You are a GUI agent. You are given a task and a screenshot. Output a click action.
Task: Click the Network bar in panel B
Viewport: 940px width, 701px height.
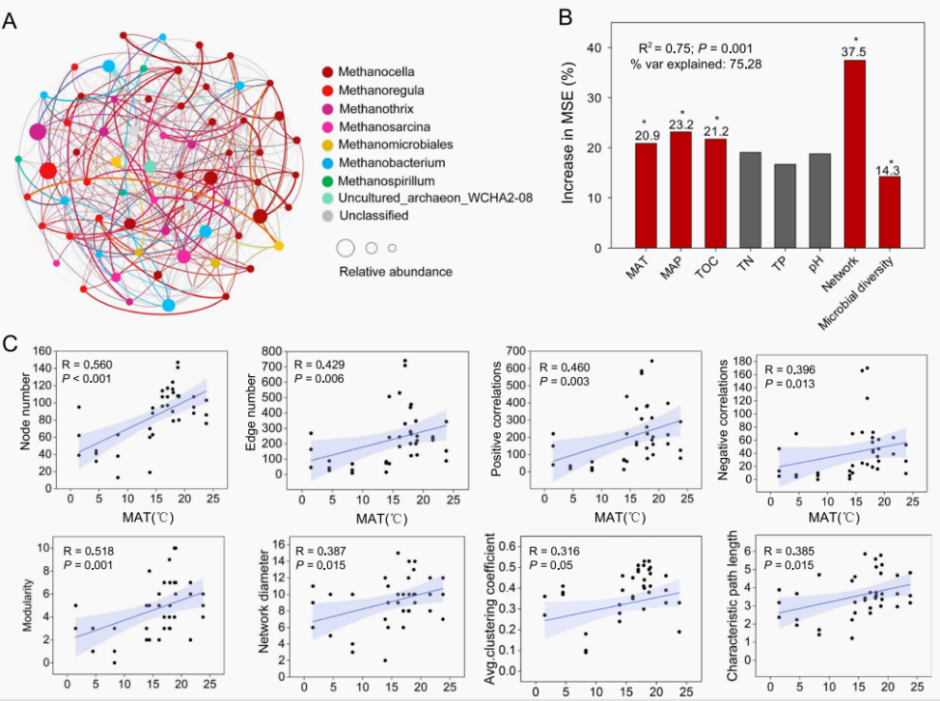coord(854,154)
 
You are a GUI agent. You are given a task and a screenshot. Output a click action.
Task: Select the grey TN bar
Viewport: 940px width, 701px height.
coord(750,199)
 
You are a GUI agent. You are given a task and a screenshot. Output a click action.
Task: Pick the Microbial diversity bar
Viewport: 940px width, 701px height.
coord(890,212)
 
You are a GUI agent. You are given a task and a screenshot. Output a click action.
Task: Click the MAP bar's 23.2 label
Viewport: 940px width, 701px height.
coord(681,124)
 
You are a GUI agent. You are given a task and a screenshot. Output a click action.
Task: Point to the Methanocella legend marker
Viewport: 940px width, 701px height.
coord(328,72)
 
